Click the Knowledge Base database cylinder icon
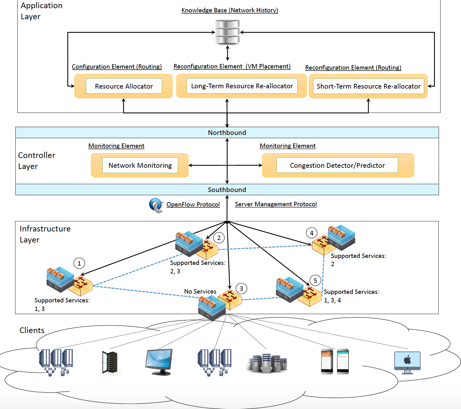point(227,32)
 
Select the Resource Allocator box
point(124,86)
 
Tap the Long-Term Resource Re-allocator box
point(242,86)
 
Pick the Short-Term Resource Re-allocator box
point(368,86)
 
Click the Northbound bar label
point(227,132)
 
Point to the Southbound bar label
point(227,190)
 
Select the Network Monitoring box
point(140,165)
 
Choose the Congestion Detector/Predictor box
point(337,165)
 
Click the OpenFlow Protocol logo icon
point(156,205)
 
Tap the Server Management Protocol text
point(276,204)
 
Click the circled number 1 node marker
point(79,263)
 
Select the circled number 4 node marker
point(312,233)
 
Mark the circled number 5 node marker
point(315,281)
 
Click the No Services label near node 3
point(200,291)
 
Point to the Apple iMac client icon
point(407,362)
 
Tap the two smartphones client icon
point(335,361)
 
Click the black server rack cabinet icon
point(110,363)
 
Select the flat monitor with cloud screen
point(159,361)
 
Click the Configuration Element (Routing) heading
point(117,67)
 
